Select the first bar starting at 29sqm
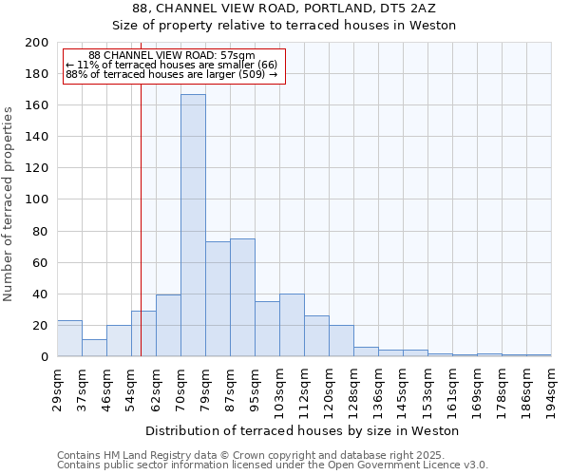pos(69,338)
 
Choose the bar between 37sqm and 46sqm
pos(94,348)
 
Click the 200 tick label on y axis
pos(37,43)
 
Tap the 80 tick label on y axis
pos(41,231)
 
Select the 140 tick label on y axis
pos(37,137)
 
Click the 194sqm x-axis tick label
pos(551,389)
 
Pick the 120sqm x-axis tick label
pos(329,389)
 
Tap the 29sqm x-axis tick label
pos(57,389)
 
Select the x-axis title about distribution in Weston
pos(302,430)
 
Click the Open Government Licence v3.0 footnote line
pos(273,465)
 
